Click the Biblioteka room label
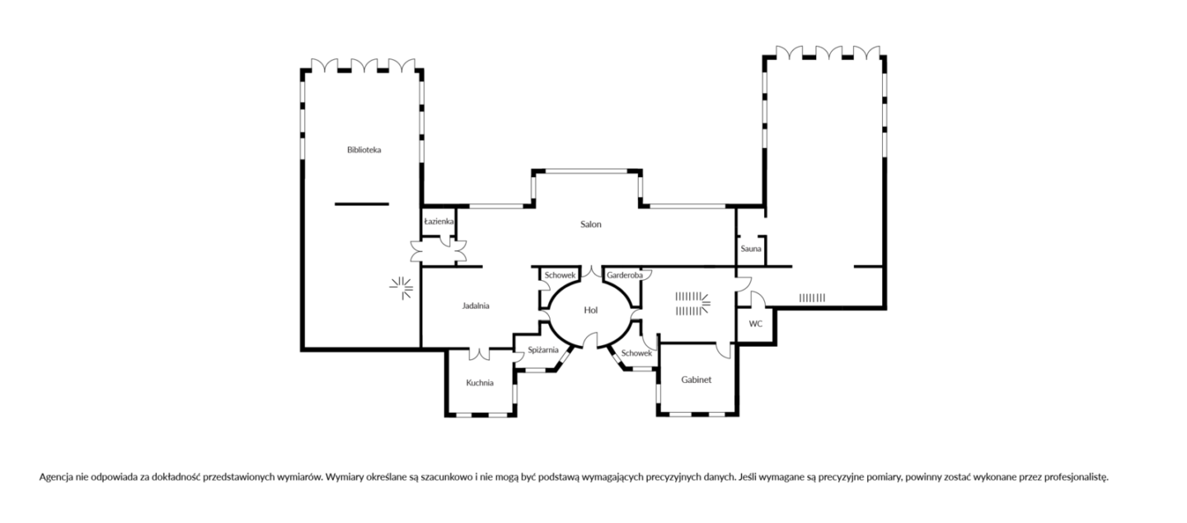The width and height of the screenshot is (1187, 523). (x=364, y=150)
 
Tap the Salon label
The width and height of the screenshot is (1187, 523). (x=591, y=224)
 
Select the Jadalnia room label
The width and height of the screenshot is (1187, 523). (x=476, y=306)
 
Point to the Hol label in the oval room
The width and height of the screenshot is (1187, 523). (x=591, y=311)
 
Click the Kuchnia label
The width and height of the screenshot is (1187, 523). (x=480, y=383)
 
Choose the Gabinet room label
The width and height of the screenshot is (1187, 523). (x=697, y=380)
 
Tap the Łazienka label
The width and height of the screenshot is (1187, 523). (x=439, y=222)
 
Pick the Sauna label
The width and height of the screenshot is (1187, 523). (x=751, y=249)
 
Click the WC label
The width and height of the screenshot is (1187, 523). (x=756, y=324)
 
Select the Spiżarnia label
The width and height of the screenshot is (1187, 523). (x=543, y=350)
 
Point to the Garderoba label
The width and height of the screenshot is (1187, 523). (x=625, y=275)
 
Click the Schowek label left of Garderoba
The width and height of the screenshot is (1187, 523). (x=561, y=275)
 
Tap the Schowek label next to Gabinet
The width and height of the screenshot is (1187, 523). (x=636, y=353)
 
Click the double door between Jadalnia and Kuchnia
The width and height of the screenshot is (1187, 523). (x=479, y=353)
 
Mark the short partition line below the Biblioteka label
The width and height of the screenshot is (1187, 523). (x=362, y=203)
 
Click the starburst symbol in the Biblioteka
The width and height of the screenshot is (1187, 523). (x=401, y=288)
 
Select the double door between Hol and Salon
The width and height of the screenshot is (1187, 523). (x=591, y=271)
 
